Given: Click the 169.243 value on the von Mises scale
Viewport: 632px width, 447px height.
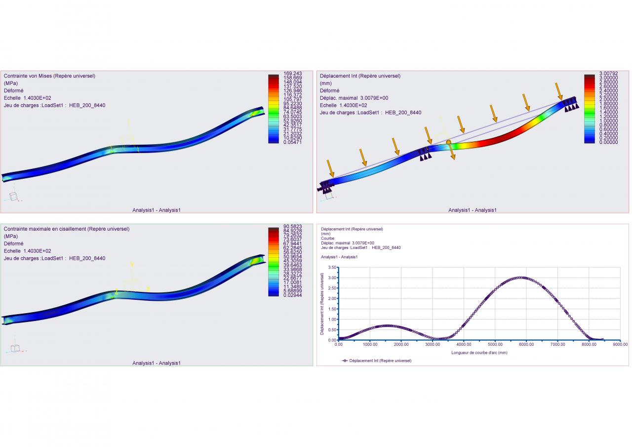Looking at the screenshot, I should [292, 74].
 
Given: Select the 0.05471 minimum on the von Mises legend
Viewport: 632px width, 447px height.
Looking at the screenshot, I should [292, 142].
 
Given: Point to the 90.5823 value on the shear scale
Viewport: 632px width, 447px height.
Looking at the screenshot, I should [292, 226].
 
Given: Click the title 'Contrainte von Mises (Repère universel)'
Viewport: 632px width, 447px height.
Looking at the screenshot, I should [49, 76].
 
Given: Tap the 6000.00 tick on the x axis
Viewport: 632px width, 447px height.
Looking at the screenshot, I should [526, 345].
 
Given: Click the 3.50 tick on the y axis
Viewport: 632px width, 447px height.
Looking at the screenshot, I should [332, 267].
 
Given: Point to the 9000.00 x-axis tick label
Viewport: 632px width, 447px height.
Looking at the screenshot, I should [620, 345].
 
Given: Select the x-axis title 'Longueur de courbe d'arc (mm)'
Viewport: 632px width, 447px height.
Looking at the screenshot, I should [479, 353].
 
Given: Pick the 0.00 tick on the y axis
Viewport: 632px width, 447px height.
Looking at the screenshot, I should [332, 340].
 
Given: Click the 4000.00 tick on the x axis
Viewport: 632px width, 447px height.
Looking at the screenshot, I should [464, 345].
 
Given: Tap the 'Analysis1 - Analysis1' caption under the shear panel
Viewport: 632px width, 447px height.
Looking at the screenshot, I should [157, 363].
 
